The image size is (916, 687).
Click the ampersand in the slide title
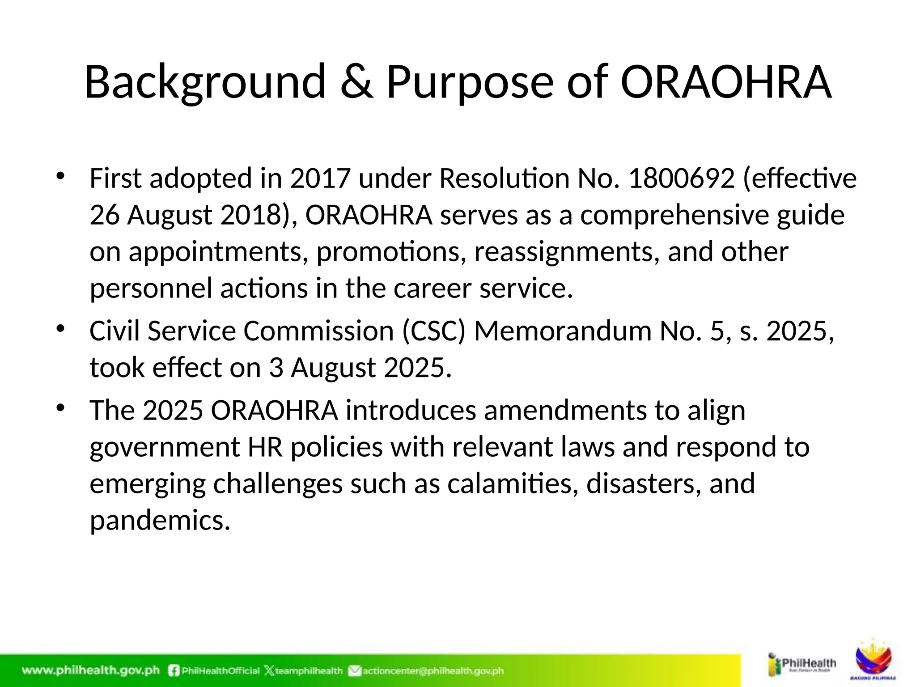(356, 82)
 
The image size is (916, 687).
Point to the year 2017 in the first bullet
(319, 178)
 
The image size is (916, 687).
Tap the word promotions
(388, 252)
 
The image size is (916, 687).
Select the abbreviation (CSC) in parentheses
(434, 331)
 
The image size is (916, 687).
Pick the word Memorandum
(563, 331)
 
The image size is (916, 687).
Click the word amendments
(565, 410)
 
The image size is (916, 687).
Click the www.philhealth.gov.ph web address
(91, 670)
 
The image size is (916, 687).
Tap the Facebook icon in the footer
(174, 670)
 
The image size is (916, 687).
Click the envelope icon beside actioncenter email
(355, 670)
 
